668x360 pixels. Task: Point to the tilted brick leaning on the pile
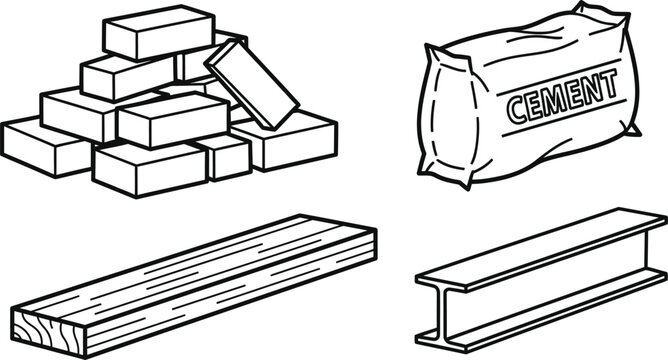click(x=251, y=78)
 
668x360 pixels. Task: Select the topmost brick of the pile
click(x=159, y=32)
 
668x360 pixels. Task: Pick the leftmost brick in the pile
click(x=45, y=145)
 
